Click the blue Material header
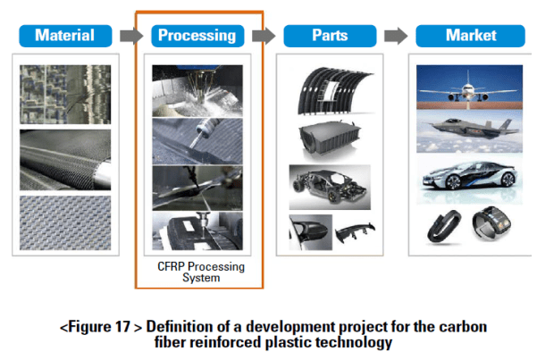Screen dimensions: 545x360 coord(65,36)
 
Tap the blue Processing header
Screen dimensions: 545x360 coord(197,36)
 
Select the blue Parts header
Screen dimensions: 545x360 coord(330,36)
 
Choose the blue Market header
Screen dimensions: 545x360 coord(470,36)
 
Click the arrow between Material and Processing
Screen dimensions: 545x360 coord(131,36)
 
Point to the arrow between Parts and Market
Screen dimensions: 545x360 coord(396,36)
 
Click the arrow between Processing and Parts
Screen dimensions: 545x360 coord(264,36)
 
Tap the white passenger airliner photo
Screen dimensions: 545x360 coord(469,88)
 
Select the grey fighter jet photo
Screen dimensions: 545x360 coord(469,131)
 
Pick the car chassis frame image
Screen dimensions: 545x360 coord(330,187)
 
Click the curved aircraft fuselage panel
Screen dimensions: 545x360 coord(334,91)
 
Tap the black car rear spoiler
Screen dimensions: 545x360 coord(355,231)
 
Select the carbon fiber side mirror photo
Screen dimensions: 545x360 coord(310,232)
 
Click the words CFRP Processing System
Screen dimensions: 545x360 coord(201,272)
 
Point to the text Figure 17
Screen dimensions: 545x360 coord(98,327)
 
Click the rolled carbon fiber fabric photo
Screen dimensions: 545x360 coord(65,160)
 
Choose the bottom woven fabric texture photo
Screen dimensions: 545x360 coord(65,222)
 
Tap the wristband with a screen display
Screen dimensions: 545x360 coord(491,223)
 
